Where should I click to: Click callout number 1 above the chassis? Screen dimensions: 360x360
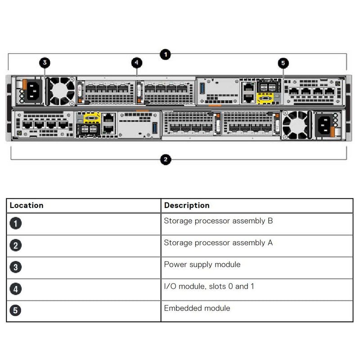pyautogui.click(x=166, y=54)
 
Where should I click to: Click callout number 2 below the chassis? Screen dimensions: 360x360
pyautogui.click(x=166, y=159)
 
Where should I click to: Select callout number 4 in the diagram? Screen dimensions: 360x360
pyautogui.click(x=137, y=63)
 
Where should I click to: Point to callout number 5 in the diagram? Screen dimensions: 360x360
pyautogui.click(x=283, y=63)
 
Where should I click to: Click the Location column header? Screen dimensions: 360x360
pyautogui.click(x=27, y=205)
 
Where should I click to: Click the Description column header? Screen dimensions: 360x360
pyautogui.click(x=187, y=205)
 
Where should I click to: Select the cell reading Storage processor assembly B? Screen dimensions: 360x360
pyautogui.click(x=218, y=221)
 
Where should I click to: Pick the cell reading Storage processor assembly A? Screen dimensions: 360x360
pyautogui.click(x=218, y=243)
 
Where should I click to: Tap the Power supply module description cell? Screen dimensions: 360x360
pyautogui.click(x=202, y=264)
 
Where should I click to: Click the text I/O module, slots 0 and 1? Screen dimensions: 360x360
pyautogui.click(x=209, y=286)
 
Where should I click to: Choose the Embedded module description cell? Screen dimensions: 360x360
pyautogui.click(x=197, y=308)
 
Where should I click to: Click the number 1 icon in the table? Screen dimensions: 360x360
pyautogui.click(x=15, y=224)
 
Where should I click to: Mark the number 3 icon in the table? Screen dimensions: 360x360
pyautogui.click(x=15, y=267)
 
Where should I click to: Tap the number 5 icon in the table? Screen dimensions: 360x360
pyautogui.click(x=15, y=310)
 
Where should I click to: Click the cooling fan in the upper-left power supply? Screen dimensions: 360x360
pyautogui.click(x=62, y=90)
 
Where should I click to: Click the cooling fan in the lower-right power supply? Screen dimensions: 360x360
pyautogui.click(x=295, y=125)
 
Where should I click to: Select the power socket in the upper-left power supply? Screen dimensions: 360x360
pyautogui.click(x=32, y=91)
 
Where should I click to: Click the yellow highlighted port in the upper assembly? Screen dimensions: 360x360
pyautogui.click(x=265, y=98)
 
